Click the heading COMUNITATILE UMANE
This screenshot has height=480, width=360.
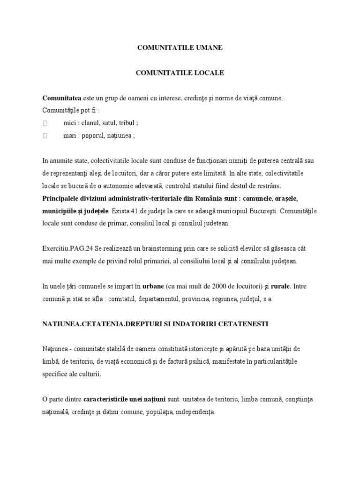180,47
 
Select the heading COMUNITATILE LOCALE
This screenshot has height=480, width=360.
180,73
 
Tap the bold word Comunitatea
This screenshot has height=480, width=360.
62,98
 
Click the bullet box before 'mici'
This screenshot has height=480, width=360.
45,123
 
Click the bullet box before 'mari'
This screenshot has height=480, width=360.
45,136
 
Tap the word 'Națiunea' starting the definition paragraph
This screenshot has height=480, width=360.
56,350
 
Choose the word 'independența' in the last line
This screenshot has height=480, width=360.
195,412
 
